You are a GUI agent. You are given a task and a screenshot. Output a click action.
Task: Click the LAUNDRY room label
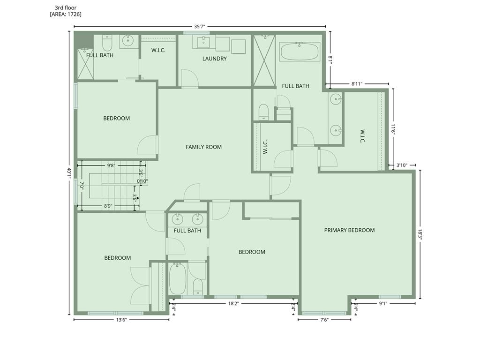tap(214, 59)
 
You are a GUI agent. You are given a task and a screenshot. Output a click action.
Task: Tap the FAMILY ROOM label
tap(203, 147)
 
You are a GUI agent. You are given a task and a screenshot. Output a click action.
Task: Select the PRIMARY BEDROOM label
tap(349, 230)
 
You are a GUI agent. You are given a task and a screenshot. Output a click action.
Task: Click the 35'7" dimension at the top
tap(199, 26)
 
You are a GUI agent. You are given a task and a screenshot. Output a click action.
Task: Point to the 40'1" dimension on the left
tap(69, 173)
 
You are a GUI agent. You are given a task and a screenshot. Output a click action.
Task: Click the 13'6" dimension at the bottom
tap(121, 320)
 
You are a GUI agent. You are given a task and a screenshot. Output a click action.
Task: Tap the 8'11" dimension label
tap(357, 83)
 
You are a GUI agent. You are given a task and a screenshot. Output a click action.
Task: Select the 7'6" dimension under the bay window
tap(324, 320)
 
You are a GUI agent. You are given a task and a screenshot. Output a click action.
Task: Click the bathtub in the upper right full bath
tap(300, 52)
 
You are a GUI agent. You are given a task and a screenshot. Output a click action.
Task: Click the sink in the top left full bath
tap(127, 40)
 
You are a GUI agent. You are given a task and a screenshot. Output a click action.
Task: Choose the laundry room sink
tap(203, 42)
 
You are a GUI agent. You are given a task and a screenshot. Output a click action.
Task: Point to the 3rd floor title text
tap(66, 7)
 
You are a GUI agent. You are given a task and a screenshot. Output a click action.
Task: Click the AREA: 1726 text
tap(66, 14)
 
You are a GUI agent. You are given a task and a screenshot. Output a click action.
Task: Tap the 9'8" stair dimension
tap(111, 165)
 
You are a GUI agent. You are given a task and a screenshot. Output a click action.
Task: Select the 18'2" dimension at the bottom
tap(233, 304)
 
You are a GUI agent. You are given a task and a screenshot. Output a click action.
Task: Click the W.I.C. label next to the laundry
tap(158, 50)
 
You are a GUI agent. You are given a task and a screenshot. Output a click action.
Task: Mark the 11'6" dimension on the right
tap(393, 129)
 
